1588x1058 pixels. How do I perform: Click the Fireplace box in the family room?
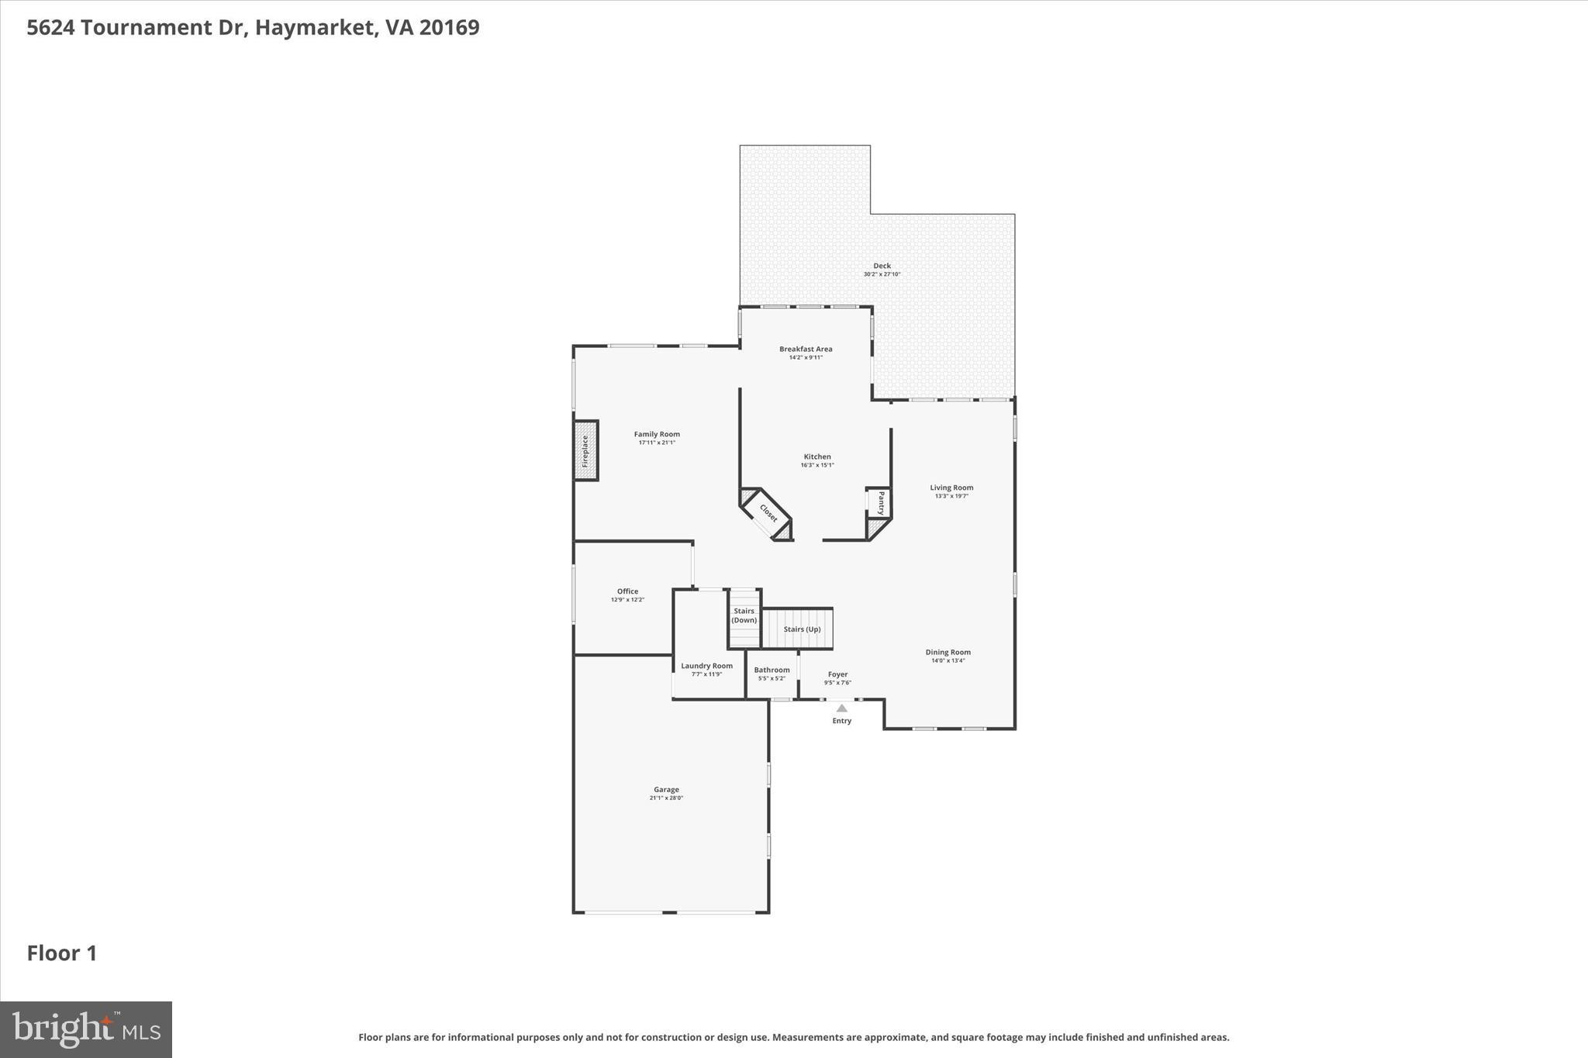(586, 450)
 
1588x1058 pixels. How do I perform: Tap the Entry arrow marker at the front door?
(841, 708)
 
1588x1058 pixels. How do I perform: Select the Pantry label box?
(881, 502)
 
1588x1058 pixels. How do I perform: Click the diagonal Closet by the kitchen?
(768, 513)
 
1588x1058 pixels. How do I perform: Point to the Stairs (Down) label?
(744, 615)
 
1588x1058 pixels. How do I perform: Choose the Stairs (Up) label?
(802, 629)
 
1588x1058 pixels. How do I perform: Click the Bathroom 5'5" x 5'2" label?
(772, 674)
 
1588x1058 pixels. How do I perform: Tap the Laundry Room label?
(706, 666)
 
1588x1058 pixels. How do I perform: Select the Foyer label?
(837, 674)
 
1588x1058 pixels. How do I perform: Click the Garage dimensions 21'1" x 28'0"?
(666, 798)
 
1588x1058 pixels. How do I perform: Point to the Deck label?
(882, 266)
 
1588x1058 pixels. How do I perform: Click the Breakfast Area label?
(806, 349)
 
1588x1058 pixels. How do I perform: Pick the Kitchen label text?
(817, 457)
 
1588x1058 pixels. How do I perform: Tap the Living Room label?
(951, 488)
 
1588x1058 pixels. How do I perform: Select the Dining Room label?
(948, 652)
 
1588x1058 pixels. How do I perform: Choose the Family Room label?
(657, 434)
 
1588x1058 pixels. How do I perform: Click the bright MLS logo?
(86, 1029)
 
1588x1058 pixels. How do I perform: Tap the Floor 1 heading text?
(62, 953)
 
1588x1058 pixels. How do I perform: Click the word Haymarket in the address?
(317, 27)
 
